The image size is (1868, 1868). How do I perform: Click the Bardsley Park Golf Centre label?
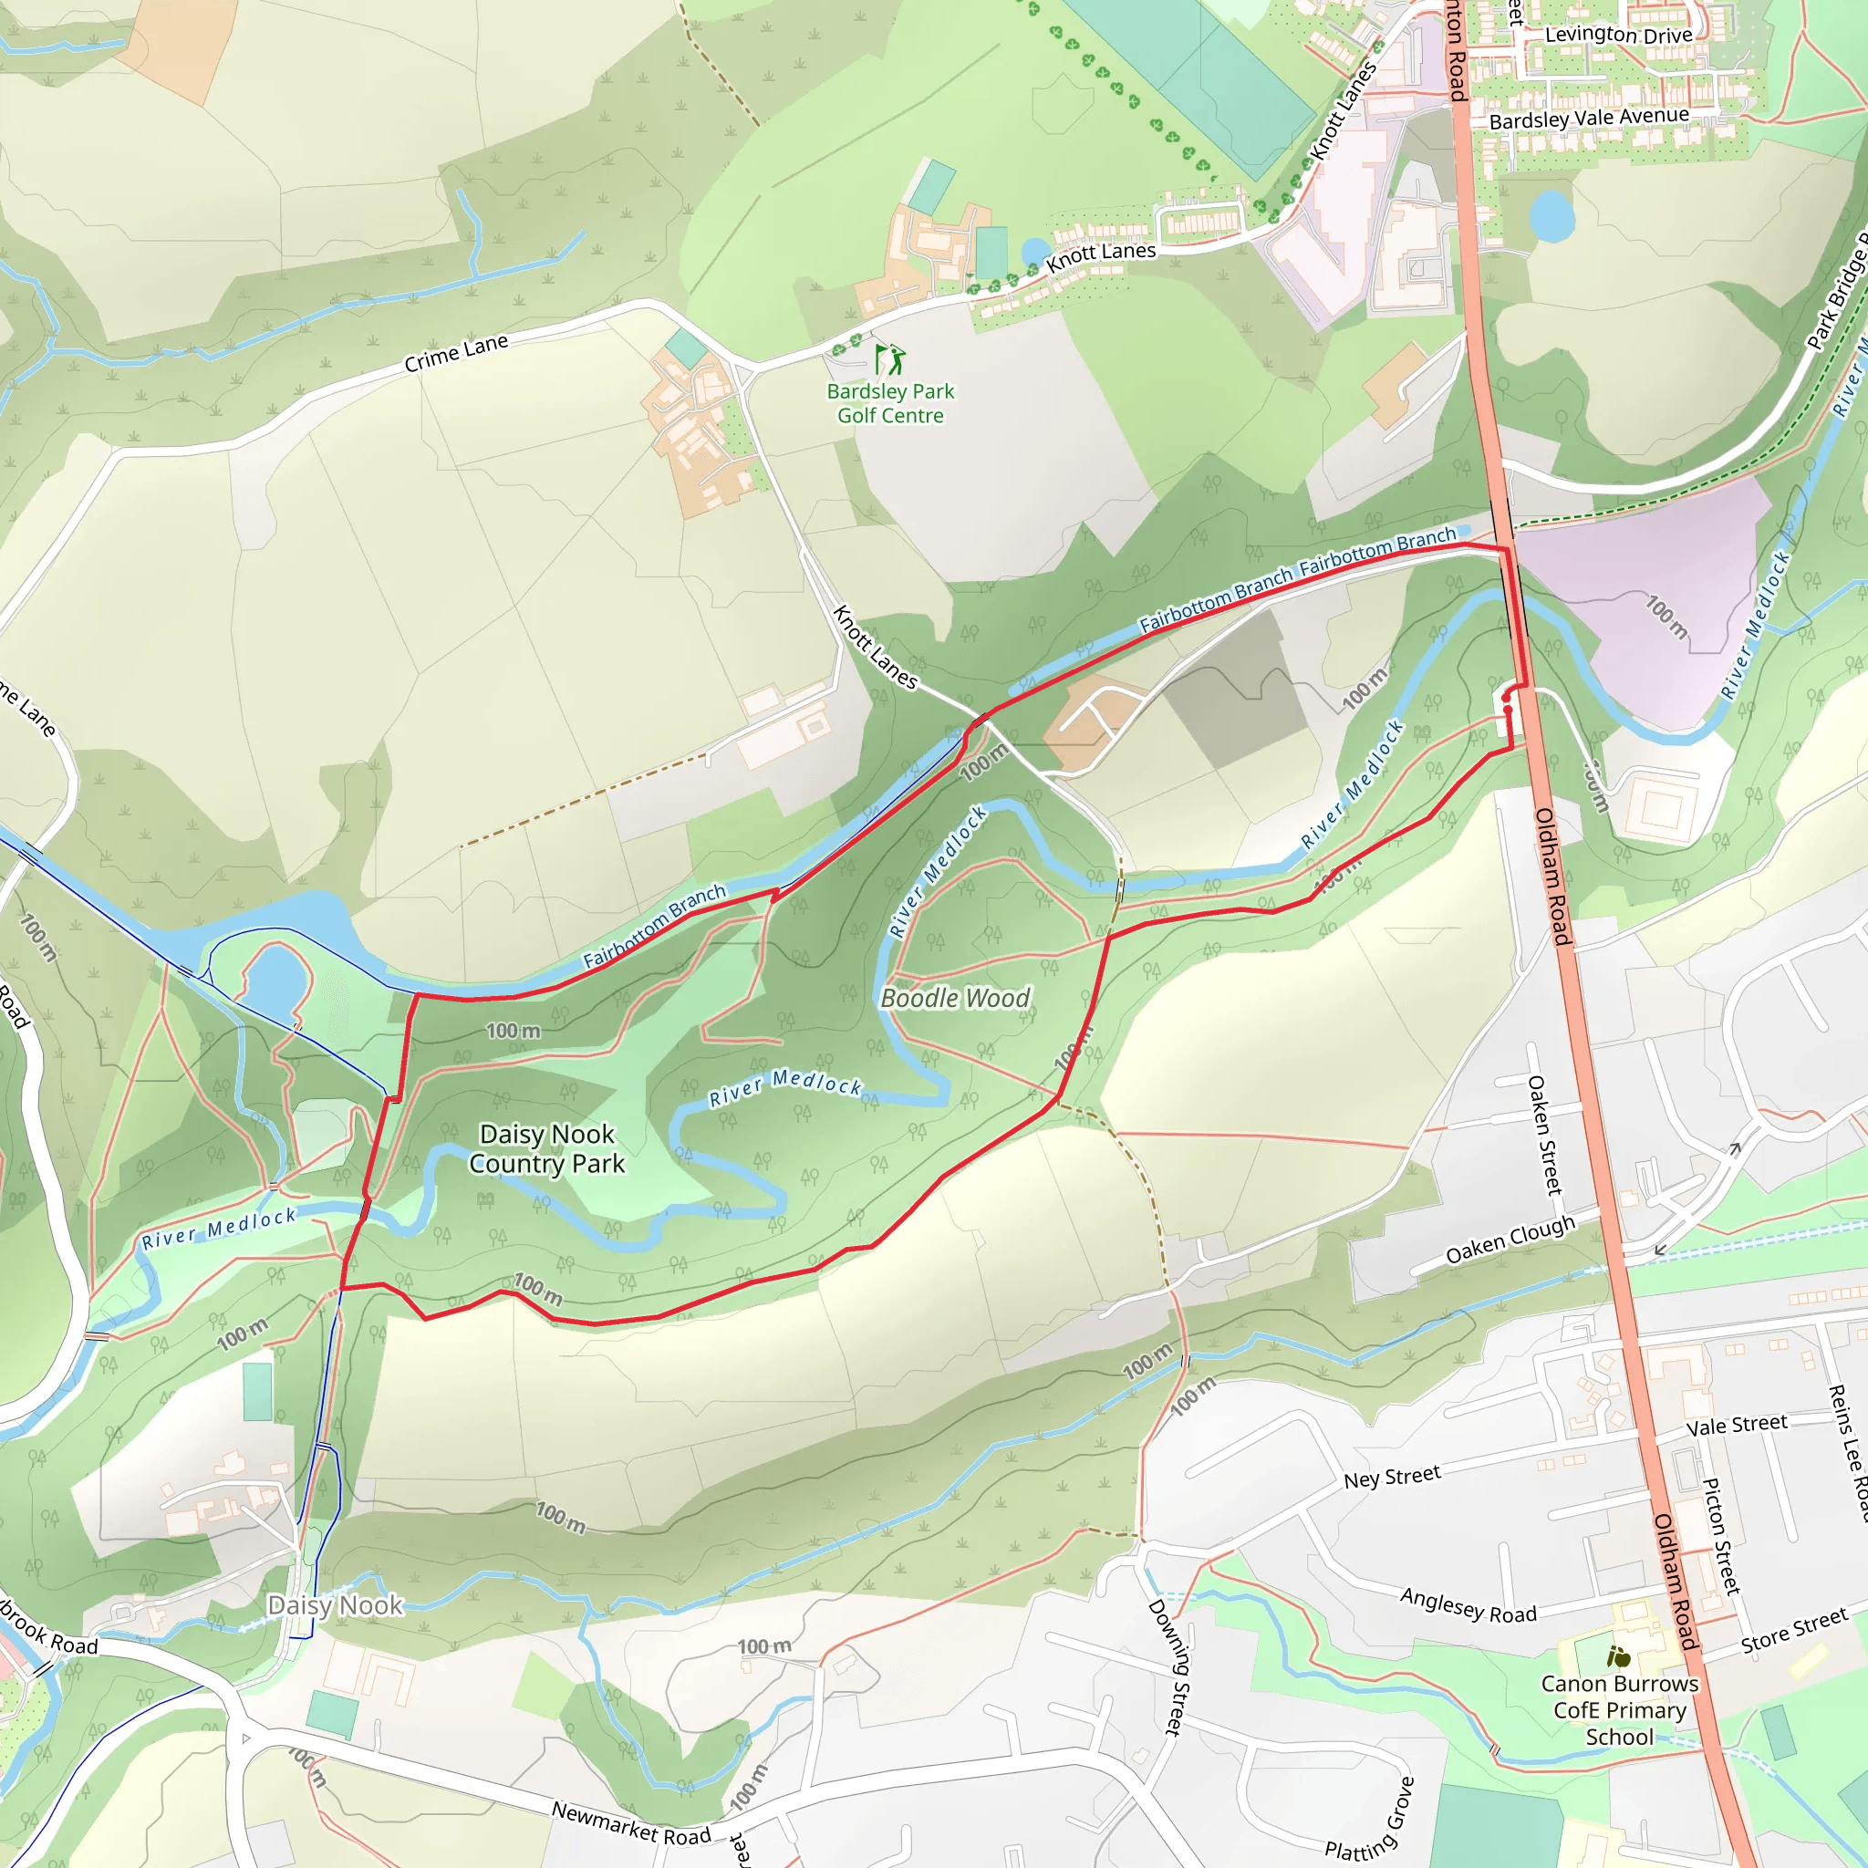coord(889,403)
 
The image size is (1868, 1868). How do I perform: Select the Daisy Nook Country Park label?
coord(547,1148)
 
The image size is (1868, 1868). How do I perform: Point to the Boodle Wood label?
coord(955,998)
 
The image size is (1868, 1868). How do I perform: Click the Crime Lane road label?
coord(456,353)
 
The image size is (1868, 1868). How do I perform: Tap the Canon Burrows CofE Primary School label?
coord(1620,1709)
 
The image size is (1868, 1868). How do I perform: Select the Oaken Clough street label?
coord(1510,1240)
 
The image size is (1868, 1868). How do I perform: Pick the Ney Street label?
coord(1391,1478)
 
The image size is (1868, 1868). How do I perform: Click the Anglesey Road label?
coord(1468,1606)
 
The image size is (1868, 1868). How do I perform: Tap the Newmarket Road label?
coord(630,1822)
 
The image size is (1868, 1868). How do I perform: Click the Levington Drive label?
coord(1619,35)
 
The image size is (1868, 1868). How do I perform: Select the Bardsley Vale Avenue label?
coord(1589,118)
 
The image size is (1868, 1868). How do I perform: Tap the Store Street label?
coord(1794,1630)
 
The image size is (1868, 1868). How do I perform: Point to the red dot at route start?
coord(1508,710)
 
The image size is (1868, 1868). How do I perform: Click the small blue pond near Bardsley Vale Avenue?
coord(1552,215)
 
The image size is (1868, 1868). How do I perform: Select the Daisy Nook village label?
coord(335,1605)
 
